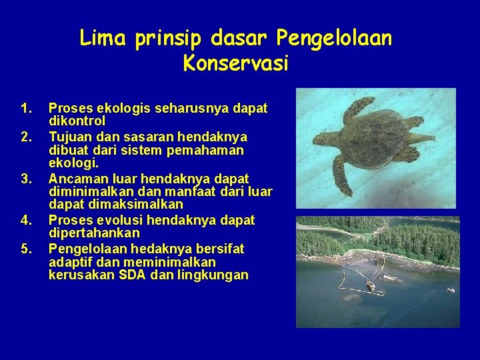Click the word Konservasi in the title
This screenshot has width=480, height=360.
point(235,65)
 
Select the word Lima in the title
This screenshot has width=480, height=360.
point(102,39)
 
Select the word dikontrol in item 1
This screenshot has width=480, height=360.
point(77,121)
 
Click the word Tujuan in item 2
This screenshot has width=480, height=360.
point(69,137)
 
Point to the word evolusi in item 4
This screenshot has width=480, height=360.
point(120,220)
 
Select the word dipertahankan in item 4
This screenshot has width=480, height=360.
point(94,233)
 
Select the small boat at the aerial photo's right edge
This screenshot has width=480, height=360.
point(451,291)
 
